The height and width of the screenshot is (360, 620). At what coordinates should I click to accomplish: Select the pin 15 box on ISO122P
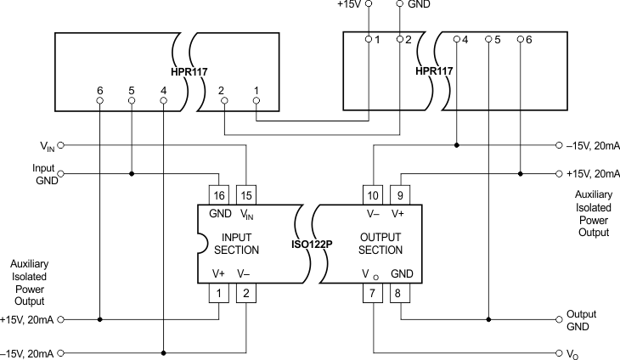(x=245, y=194)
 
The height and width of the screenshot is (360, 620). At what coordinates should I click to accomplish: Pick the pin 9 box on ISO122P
(x=400, y=194)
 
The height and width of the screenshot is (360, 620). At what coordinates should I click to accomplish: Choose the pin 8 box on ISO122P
(x=400, y=294)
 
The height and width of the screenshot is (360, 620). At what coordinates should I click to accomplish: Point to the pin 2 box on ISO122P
(x=245, y=294)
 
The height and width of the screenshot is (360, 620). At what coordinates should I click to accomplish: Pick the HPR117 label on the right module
(x=432, y=70)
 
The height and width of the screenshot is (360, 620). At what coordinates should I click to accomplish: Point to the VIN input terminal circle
(x=60, y=145)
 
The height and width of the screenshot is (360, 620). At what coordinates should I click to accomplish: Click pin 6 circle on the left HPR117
(x=100, y=100)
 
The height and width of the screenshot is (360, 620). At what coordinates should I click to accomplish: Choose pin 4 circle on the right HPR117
(x=457, y=39)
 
